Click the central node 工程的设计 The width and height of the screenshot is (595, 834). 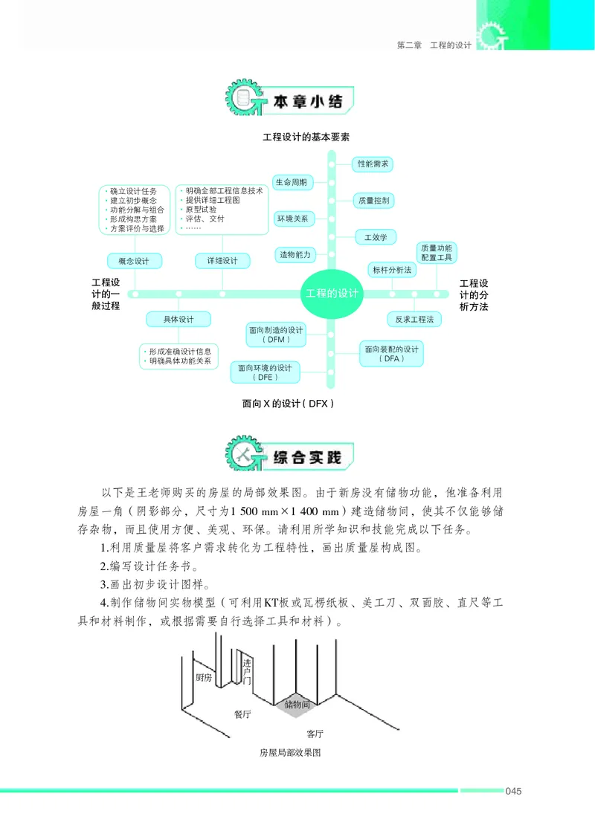point(332,293)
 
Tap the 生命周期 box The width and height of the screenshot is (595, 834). point(292,181)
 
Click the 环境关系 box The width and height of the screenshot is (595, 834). point(292,219)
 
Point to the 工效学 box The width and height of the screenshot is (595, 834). point(375,237)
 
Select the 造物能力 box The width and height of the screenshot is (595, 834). point(295,254)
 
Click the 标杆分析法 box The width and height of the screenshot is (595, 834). point(392,270)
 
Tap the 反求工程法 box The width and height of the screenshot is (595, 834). point(414,319)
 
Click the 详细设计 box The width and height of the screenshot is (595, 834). point(222,261)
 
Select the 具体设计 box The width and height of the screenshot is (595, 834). point(178,319)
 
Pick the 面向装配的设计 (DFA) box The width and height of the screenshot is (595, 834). point(391,354)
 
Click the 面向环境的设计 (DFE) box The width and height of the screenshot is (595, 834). point(265,372)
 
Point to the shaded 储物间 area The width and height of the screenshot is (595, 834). point(297,703)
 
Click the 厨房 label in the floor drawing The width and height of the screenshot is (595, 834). point(204,677)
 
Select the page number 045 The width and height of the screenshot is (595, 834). point(513,790)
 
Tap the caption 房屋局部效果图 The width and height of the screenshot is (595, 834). point(289,752)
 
